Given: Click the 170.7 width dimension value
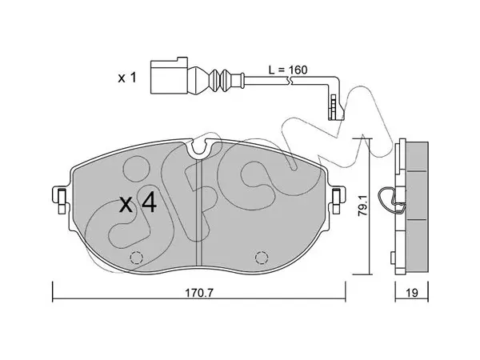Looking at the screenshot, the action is point(198,294).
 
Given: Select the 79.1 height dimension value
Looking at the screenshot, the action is point(363,206).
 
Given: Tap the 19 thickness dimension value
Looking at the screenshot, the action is point(412,293).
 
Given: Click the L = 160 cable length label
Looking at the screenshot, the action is point(288,70).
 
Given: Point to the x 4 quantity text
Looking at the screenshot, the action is point(138,205).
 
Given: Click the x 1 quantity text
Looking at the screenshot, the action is point(127,78).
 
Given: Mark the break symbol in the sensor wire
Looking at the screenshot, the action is point(290,80).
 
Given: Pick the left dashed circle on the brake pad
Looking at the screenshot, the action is point(137,257).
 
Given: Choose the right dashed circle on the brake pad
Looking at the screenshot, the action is point(262,257).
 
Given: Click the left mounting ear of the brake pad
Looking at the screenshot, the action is point(61,199).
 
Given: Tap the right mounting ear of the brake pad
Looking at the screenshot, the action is point(337,199).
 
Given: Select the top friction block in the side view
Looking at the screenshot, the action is point(417,156).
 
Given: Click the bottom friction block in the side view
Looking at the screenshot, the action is point(417,246).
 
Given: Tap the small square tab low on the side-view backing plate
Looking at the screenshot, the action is point(393,257).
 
